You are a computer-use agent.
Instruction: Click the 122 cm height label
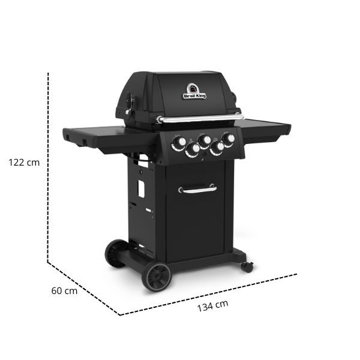click(x=25, y=162)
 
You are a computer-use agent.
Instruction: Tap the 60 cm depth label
click(x=64, y=291)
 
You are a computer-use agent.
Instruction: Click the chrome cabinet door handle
click(x=197, y=190)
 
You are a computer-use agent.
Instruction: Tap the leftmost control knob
click(x=178, y=142)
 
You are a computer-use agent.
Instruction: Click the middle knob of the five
click(x=205, y=140)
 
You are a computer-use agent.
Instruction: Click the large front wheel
click(x=156, y=276)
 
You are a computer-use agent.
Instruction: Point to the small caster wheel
click(x=247, y=266)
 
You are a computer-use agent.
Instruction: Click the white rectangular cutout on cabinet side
click(x=142, y=188)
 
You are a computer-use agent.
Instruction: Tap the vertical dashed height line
click(x=48, y=168)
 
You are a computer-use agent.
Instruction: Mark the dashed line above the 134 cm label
click(x=210, y=294)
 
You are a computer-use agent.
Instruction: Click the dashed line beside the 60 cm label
click(x=84, y=288)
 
